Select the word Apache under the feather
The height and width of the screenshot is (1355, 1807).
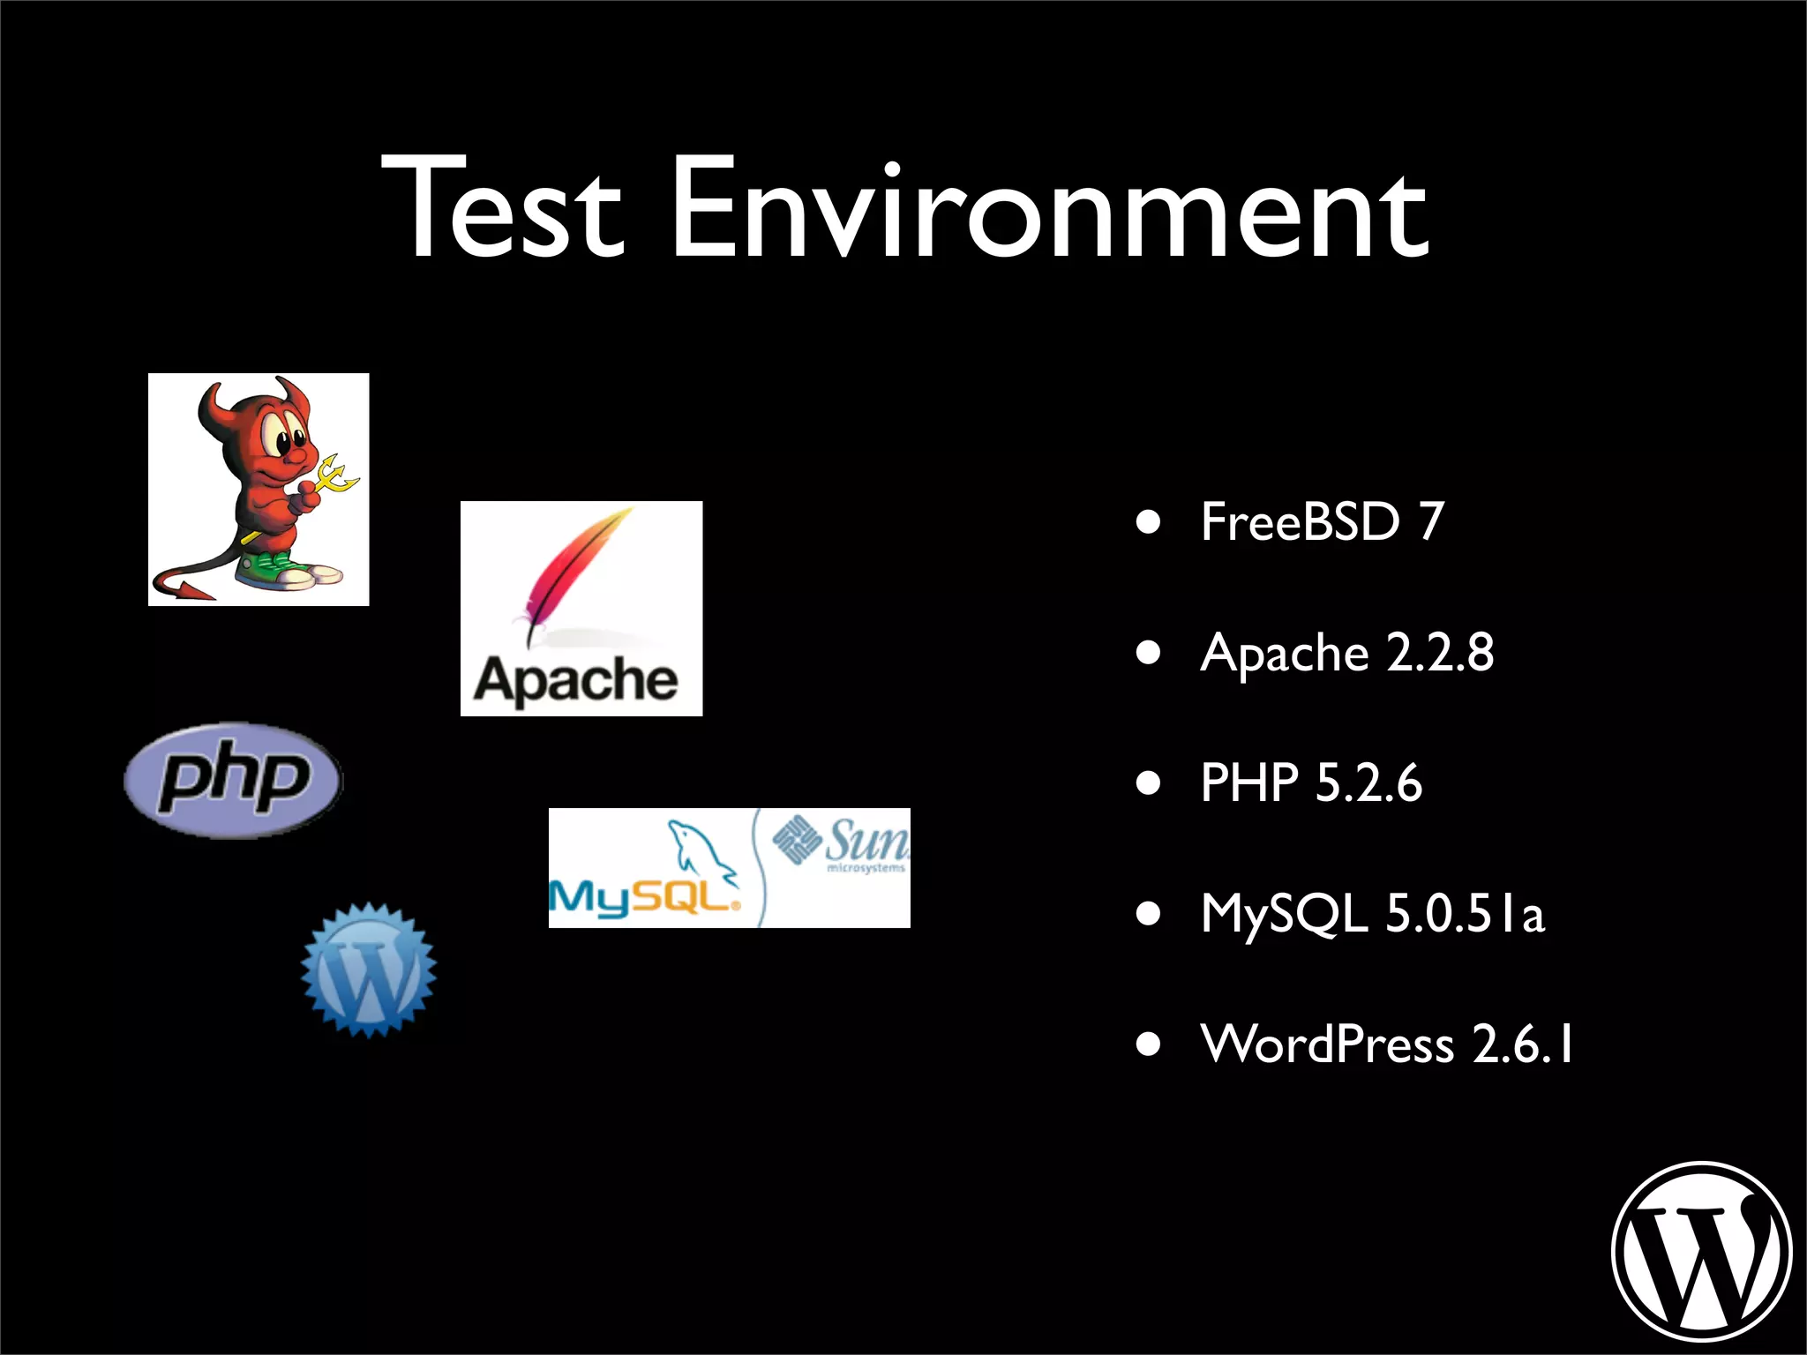coord(576,679)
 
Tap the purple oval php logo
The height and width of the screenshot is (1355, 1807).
coord(233,780)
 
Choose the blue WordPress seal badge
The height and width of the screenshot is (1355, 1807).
coord(368,969)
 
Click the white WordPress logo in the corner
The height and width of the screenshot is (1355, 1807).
coord(1701,1251)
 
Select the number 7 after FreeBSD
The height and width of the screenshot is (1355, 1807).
coord(1431,521)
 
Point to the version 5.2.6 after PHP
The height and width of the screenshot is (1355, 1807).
coord(1368,782)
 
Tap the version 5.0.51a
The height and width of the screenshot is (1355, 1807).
coord(1465,913)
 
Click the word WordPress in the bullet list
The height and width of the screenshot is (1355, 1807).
coord(1327,1044)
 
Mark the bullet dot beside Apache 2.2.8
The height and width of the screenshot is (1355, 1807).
coord(1148,653)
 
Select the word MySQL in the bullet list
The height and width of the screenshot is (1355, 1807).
coord(1284,913)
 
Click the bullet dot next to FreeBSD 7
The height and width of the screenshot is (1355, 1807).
coord(1148,522)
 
